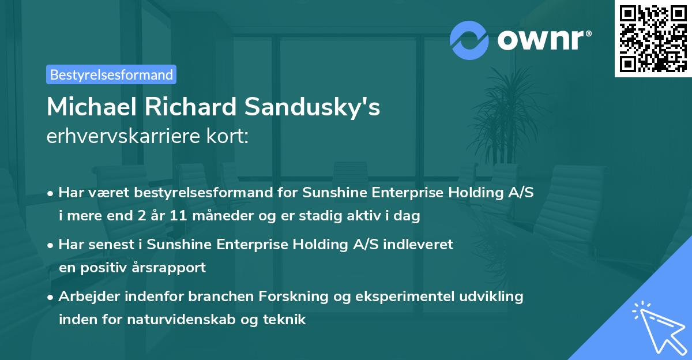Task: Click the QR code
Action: [x=653, y=39]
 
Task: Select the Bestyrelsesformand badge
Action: [x=111, y=74]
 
